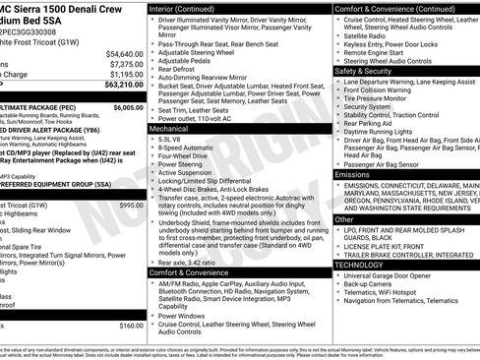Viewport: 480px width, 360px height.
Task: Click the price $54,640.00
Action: (x=125, y=53)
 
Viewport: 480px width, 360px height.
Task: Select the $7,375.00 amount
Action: (x=127, y=63)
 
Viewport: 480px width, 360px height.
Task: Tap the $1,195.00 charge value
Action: (x=127, y=73)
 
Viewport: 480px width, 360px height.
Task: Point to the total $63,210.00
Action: (x=123, y=84)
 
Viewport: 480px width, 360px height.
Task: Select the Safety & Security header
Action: (x=363, y=72)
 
